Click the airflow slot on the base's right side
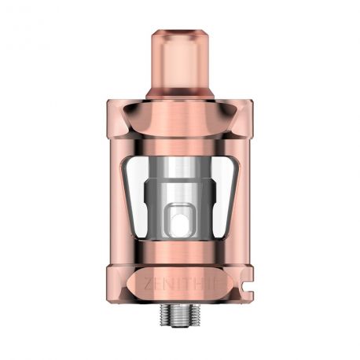(241, 281)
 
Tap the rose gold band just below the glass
(181, 250)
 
